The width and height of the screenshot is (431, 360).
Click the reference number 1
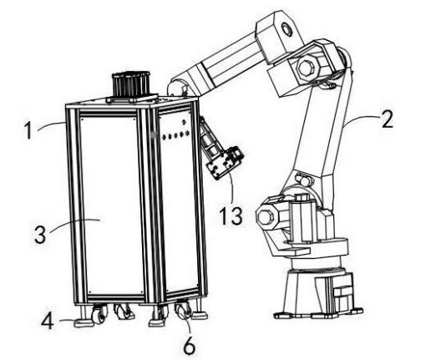[28, 130]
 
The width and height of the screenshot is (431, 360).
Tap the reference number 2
[388, 119]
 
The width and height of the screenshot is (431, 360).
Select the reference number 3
[40, 234]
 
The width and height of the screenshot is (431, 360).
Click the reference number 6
[190, 345]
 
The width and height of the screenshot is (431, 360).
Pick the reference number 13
[231, 216]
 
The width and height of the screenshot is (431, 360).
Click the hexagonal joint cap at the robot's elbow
[307, 68]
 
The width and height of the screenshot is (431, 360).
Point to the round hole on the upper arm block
[286, 29]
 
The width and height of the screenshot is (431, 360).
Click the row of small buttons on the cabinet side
[175, 135]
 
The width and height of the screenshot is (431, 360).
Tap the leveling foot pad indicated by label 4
[84, 322]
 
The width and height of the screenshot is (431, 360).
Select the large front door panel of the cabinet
[111, 206]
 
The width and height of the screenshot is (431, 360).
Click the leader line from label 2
[362, 119]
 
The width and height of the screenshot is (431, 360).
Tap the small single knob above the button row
[184, 122]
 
